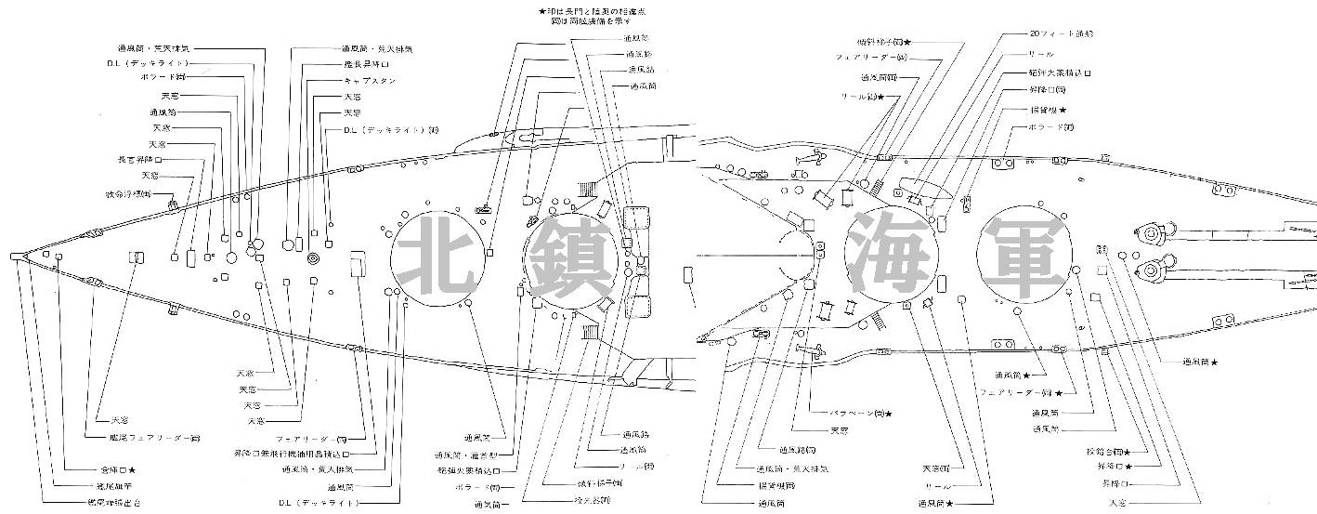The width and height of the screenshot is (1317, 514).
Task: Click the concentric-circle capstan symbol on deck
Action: [x=313, y=256]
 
